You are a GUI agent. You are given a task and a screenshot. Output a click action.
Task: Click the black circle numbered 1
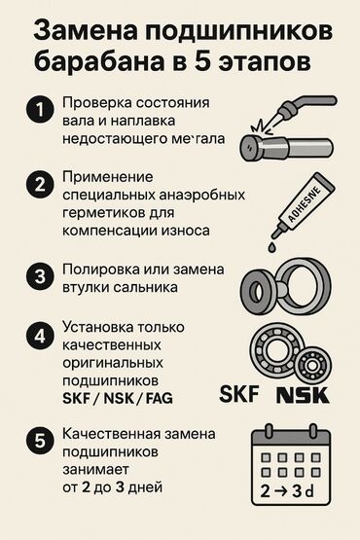[40, 110]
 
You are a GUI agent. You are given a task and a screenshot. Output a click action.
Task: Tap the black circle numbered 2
[40, 184]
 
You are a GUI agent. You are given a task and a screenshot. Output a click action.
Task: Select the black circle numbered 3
[40, 276]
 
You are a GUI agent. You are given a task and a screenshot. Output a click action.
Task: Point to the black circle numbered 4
[40, 336]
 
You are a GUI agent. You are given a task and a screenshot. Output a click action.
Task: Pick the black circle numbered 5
[40, 441]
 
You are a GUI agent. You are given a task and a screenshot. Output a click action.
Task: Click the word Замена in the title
[85, 30]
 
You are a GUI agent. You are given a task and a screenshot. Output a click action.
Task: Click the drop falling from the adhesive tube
[271, 247]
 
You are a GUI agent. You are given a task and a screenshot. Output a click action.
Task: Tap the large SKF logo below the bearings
[239, 394]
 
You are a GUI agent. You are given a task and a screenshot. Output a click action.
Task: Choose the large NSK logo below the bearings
[304, 395]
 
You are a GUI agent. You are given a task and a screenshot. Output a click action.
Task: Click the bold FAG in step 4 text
[160, 399]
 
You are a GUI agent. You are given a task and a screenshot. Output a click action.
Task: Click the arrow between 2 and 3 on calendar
[281, 491]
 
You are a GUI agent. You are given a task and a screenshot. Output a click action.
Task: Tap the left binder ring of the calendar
[269, 431]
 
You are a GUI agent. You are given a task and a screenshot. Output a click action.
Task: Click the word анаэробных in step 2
[202, 195]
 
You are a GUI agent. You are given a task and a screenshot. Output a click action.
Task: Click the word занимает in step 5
[95, 470]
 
